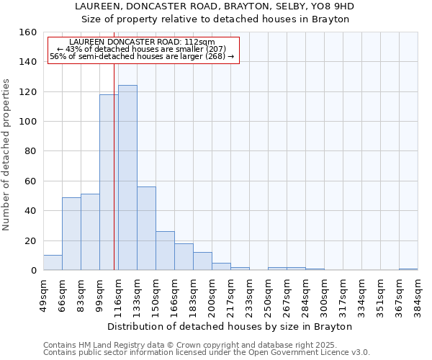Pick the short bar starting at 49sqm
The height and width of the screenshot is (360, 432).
(x=53, y=263)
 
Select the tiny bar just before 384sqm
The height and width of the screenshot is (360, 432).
(x=408, y=269)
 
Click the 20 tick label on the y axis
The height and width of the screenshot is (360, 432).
(x=30, y=240)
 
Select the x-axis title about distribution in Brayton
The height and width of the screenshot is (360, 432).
(x=234, y=326)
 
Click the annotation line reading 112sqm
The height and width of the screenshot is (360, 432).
(x=143, y=42)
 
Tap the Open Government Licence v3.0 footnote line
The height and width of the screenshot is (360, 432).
(x=207, y=352)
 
